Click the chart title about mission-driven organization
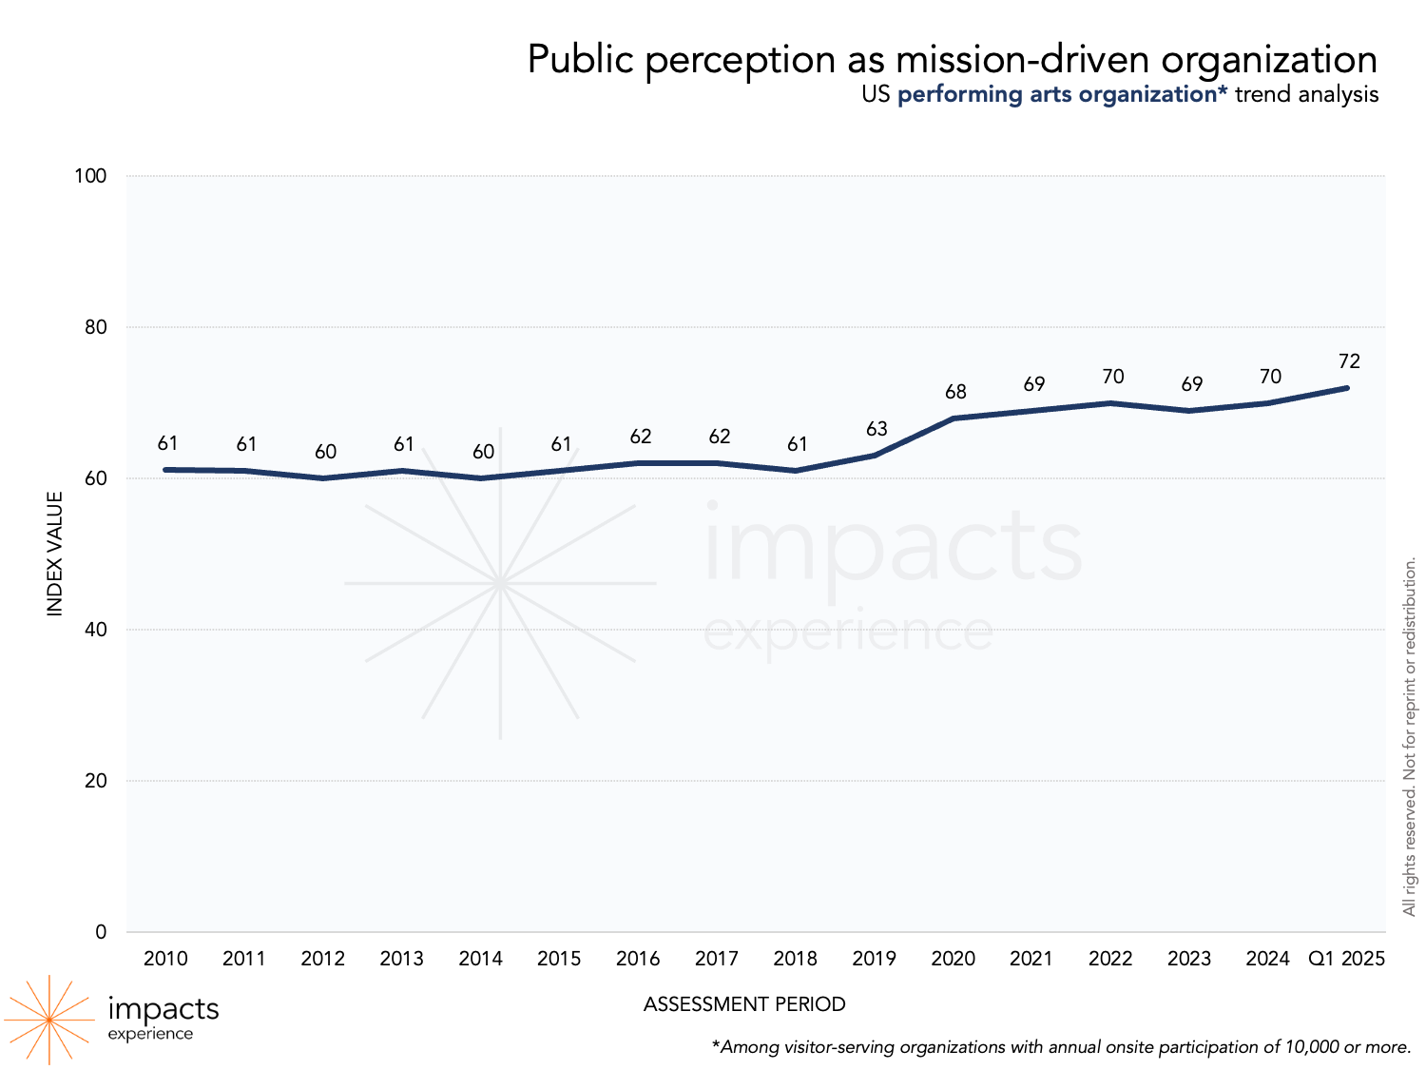coord(952,59)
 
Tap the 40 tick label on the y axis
coord(95,630)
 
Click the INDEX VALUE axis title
coord(55,554)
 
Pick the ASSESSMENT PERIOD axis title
coord(744,1004)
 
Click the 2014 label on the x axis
coord(480,959)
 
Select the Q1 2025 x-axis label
coord(1346,959)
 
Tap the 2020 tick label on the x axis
coord(953,959)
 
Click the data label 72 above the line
coord(1349,361)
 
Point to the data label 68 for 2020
coord(955,392)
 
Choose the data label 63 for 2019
coord(877,429)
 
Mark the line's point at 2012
coord(323,477)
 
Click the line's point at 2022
coord(1110,403)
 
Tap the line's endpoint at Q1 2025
coord(1347,388)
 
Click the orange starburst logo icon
coord(48,1020)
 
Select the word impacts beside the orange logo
coord(164,1008)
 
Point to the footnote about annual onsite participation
coord(1061,1047)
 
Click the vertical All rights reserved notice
coord(1410,737)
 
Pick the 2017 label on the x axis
coord(716,959)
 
